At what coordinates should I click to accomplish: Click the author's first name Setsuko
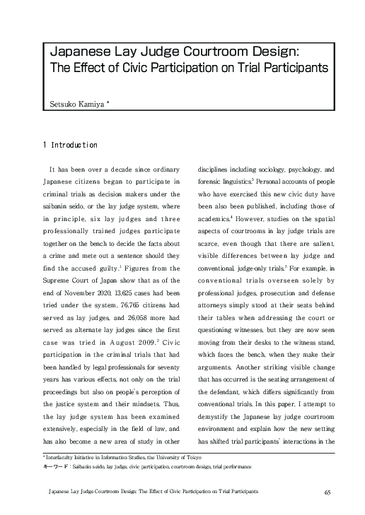59,104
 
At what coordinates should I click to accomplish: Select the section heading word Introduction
74,145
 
